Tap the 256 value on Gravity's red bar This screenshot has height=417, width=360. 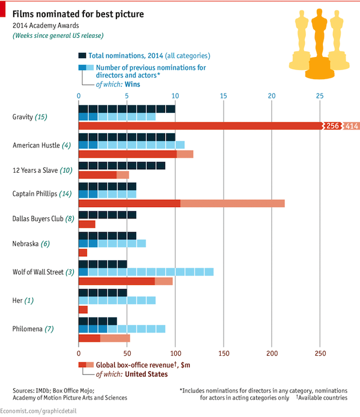(333, 125)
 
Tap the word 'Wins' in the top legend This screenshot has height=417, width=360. (133, 85)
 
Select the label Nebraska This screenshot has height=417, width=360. (26, 244)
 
